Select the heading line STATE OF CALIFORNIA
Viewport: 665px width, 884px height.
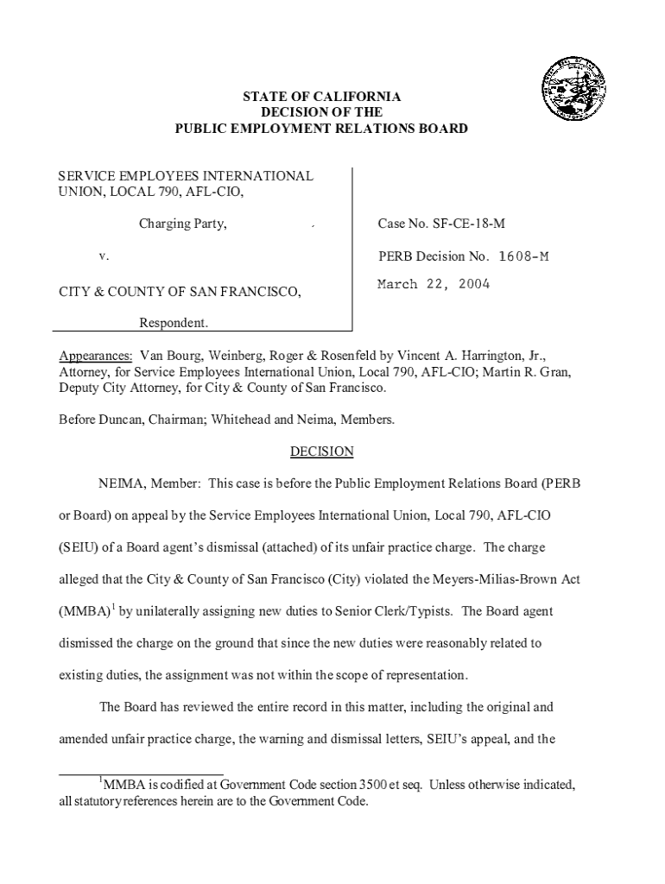coord(321,97)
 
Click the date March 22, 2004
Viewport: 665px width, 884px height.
coord(433,284)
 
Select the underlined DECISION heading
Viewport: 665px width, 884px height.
coord(321,451)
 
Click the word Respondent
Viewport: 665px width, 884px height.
coord(174,324)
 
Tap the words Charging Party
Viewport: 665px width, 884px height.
coord(183,224)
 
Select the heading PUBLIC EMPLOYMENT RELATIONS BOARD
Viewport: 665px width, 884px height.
coord(321,129)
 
